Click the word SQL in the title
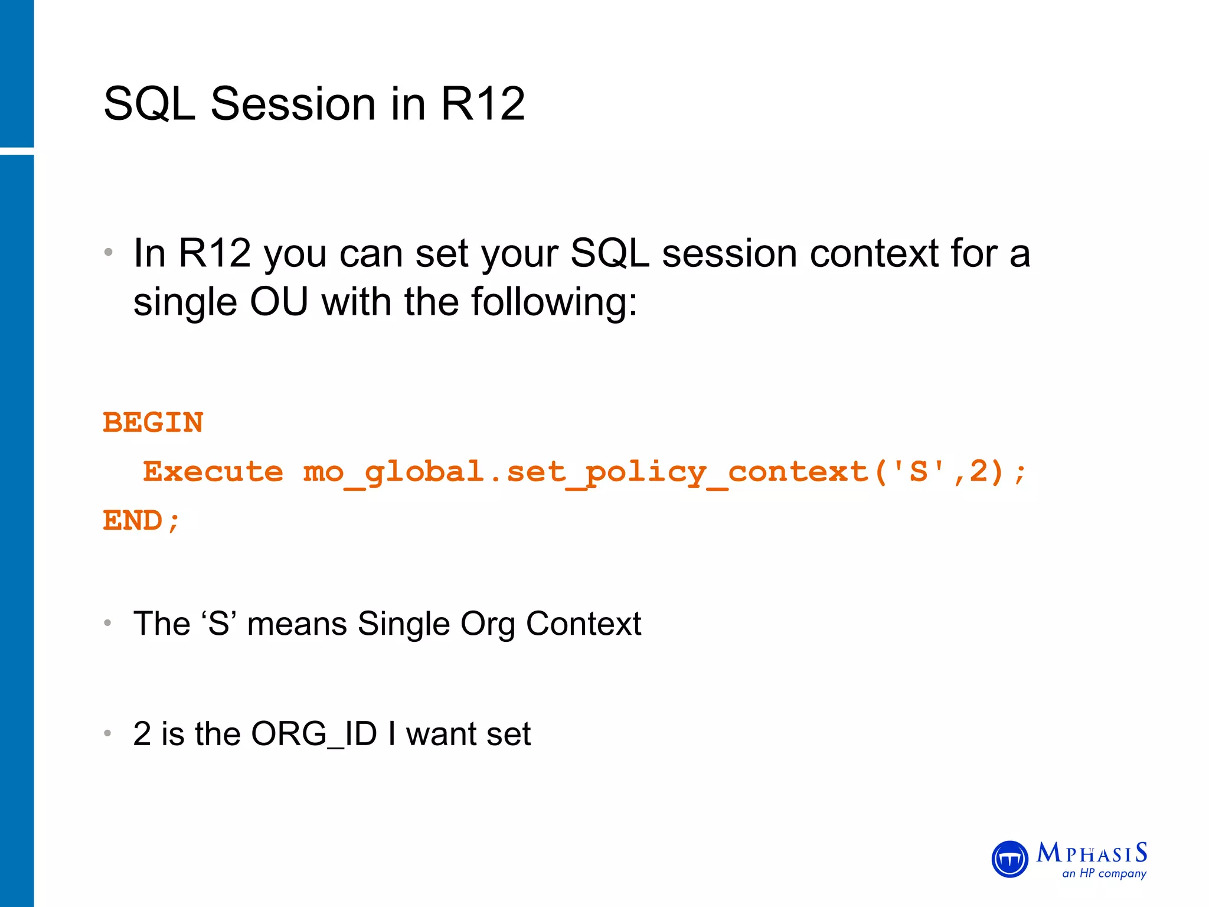(x=149, y=104)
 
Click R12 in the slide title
(x=482, y=104)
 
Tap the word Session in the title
(x=293, y=104)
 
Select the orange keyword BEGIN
(x=153, y=423)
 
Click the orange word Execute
(x=213, y=472)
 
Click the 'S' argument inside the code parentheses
(x=918, y=472)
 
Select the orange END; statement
(x=141, y=521)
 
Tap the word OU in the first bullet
(x=279, y=302)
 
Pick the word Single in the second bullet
(x=404, y=624)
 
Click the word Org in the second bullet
(x=488, y=625)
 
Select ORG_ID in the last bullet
(x=313, y=734)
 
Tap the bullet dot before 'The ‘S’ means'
(x=107, y=623)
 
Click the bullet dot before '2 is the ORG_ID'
(x=107, y=733)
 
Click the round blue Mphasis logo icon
(x=1009, y=859)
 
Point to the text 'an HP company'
(x=1103, y=873)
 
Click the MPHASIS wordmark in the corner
(x=1092, y=853)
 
